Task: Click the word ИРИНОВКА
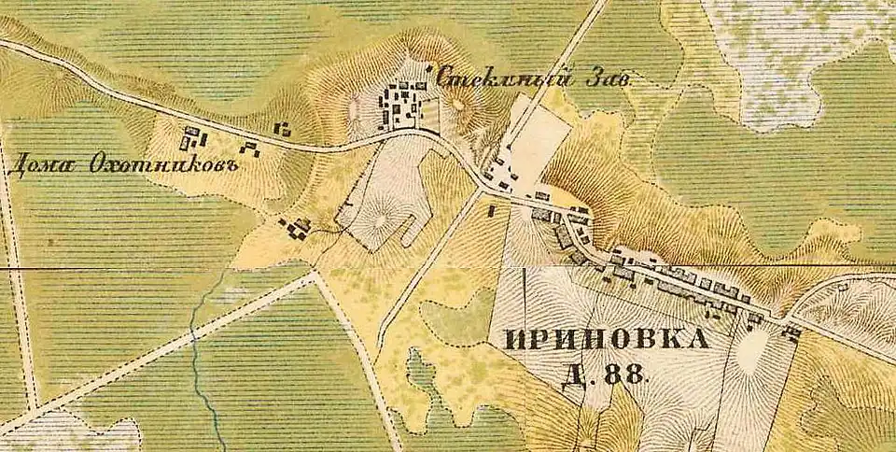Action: tap(606, 340)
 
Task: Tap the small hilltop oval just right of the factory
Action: tap(460, 106)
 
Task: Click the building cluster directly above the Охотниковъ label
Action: tap(194, 139)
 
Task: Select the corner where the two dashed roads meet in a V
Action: tap(313, 274)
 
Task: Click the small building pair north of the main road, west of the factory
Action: tap(280, 129)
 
